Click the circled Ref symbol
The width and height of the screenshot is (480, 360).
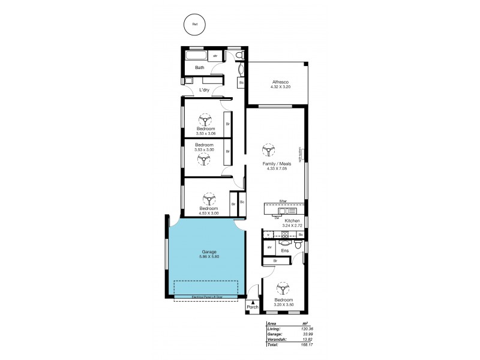tap(194, 25)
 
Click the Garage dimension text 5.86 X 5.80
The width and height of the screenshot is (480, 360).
tap(209, 257)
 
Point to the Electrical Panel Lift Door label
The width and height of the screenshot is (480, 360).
tap(206, 296)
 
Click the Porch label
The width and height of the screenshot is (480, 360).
tap(253, 308)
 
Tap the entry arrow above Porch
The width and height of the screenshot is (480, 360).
tap(253, 302)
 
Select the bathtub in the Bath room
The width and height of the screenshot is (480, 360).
tap(196, 56)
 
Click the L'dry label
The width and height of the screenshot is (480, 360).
tap(204, 90)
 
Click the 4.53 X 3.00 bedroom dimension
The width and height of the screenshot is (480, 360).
tap(209, 213)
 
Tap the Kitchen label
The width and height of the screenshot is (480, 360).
tap(292, 221)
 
